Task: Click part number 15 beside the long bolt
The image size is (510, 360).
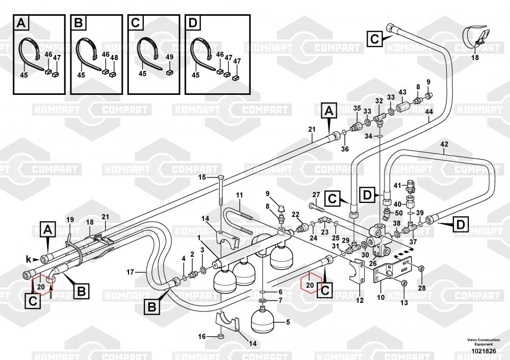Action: (x=202, y=177)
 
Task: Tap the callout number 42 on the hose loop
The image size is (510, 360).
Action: (x=444, y=144)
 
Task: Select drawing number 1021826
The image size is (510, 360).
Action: (x=483, y=351)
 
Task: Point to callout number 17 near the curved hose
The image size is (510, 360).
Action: (x=130, y=272)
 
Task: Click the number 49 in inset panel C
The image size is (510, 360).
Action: (x=169, y=57)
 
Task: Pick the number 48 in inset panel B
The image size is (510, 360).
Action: (x=114, y=58)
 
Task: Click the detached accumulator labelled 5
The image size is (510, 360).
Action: (x=264, y=320)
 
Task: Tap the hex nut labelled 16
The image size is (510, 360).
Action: (x=220, y=336)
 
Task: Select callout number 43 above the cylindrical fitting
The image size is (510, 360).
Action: (x=402, y=92)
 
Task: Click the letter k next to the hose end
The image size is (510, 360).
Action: (x=29, y=259)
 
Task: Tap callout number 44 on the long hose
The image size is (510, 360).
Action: (x=429, y=112)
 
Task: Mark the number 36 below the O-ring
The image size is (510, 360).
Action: (x=345, y=149)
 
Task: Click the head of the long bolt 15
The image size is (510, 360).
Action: (x=220, y=178)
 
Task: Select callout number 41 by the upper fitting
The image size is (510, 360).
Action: (x=397, y=186)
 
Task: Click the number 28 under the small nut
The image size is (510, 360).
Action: (x=422, y=288)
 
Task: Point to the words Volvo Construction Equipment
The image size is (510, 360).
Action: (x=483, y=342)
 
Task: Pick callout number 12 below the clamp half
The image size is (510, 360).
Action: (x=360, y=300)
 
